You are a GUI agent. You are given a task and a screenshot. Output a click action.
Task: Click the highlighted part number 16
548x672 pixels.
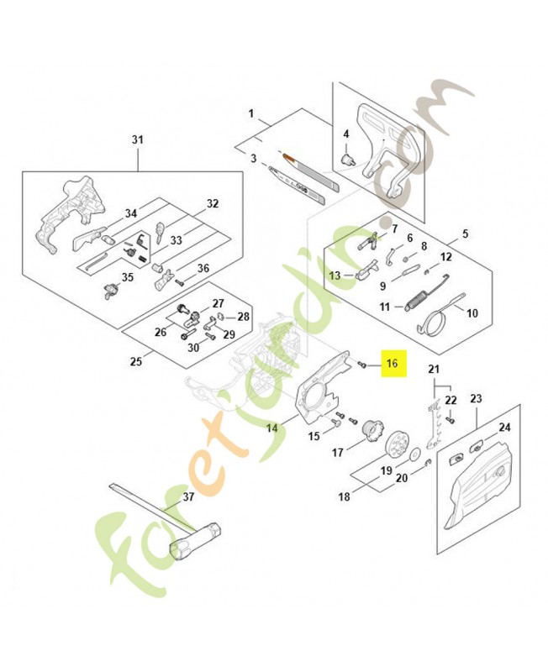(392, 365)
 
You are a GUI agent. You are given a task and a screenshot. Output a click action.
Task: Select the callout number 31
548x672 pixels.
(138, 139)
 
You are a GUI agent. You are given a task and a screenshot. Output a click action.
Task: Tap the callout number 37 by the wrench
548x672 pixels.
(188, 496)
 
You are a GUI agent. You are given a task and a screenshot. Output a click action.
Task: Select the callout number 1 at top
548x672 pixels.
(250, 113)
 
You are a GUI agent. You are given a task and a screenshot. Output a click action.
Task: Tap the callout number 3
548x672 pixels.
(252, 158)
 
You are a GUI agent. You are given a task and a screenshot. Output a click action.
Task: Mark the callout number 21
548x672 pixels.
(433, 370)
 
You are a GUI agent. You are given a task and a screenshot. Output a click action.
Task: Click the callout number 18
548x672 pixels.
(344, 497)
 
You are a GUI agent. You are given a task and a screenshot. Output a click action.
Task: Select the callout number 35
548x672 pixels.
(129, 277)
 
